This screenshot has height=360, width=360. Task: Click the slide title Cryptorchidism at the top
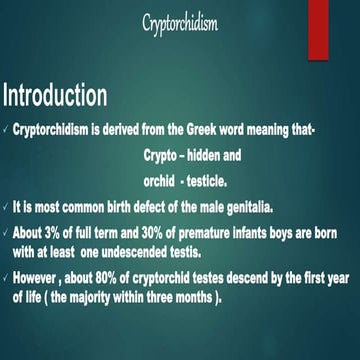180,23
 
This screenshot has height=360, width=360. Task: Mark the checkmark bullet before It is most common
6,208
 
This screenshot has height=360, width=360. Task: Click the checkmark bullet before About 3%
6,232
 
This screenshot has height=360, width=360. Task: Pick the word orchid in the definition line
148,183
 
